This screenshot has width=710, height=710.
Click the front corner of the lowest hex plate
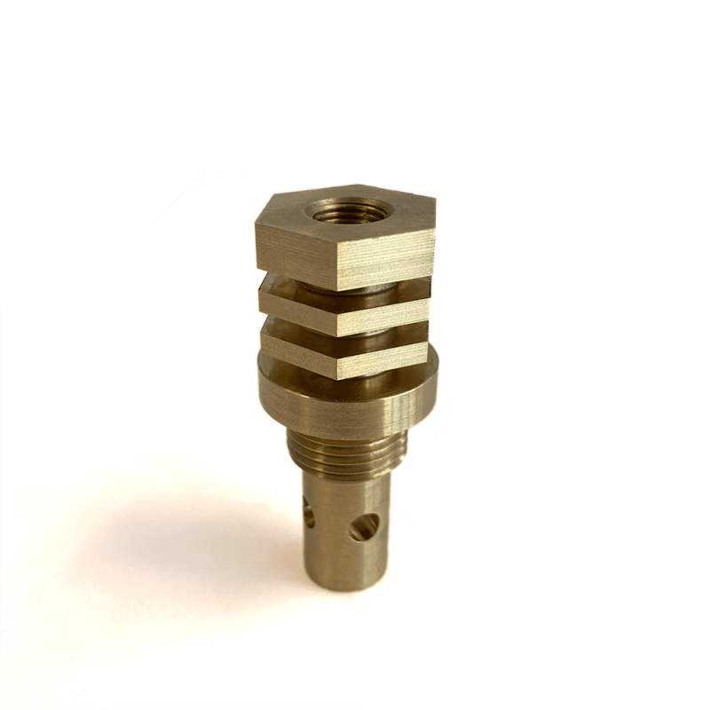point(340,368)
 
